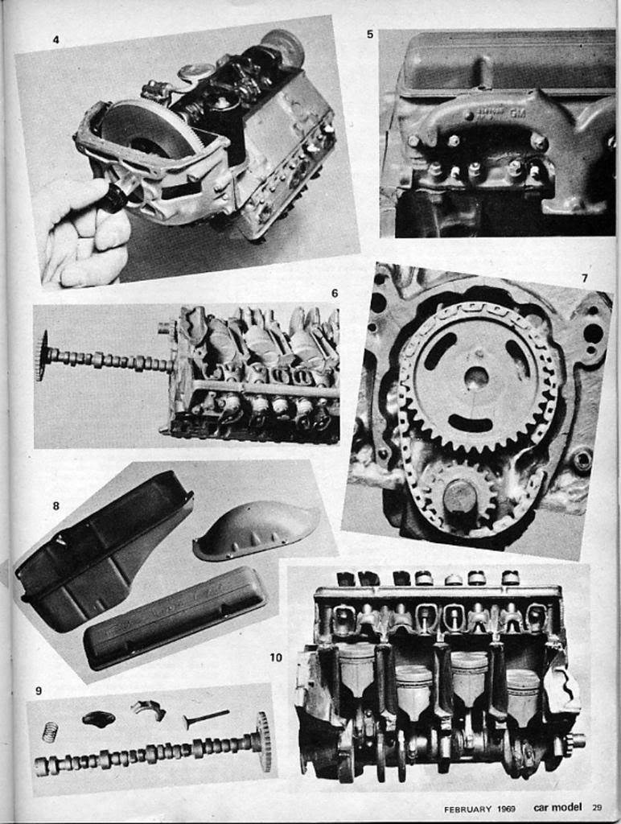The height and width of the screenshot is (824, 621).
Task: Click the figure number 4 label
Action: coord(56,39)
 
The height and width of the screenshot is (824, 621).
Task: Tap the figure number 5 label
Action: coord(369,35)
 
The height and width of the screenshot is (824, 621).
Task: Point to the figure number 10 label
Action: coord(276,657)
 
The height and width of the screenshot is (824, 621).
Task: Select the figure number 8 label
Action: coord(56,506)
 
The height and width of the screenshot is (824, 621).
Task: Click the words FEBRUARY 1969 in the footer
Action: coord(480,808)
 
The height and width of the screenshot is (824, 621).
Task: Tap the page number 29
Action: coord(597,808)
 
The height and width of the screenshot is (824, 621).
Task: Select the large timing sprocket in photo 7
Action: coord(477,377)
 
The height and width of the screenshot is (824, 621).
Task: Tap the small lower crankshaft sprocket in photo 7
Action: coord(459,495)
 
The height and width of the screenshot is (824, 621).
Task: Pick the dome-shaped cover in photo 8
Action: coord(256,529)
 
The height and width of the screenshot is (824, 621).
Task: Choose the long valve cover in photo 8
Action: coord(175,616)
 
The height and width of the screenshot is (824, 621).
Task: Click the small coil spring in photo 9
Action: coord(50,732)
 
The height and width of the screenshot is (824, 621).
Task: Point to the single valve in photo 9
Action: coord(206,716)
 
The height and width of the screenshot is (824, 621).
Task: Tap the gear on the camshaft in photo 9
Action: coord(263,740)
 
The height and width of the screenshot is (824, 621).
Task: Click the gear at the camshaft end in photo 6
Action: coord(42,355)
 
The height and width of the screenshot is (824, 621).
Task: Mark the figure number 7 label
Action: coord(584,278)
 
